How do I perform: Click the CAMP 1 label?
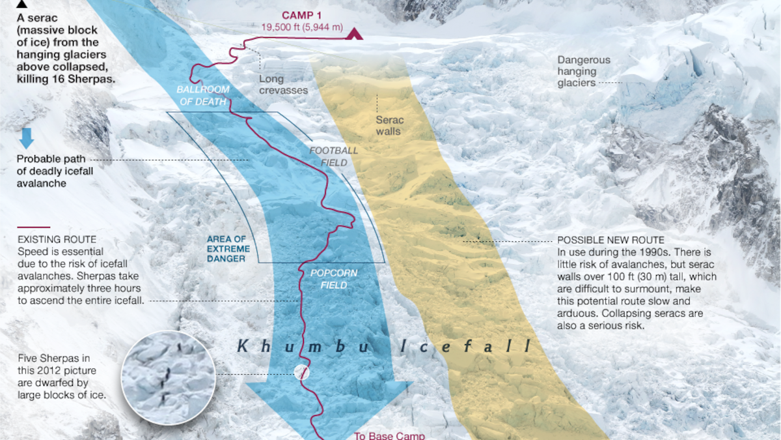(303, 15)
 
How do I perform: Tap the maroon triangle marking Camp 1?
(354, 34)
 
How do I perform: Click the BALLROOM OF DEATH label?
(201, 95)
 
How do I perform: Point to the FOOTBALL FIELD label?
(333, 156)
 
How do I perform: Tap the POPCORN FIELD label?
(333, 279)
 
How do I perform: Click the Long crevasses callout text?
(283, 85)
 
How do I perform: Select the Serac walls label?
(389, 126)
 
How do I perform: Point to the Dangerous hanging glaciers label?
(584, 71)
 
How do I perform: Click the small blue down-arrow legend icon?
(27, 138)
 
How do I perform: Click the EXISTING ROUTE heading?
(57, 240)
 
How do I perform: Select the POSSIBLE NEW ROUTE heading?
(610, 240)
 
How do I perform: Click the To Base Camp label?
(389, 435)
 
